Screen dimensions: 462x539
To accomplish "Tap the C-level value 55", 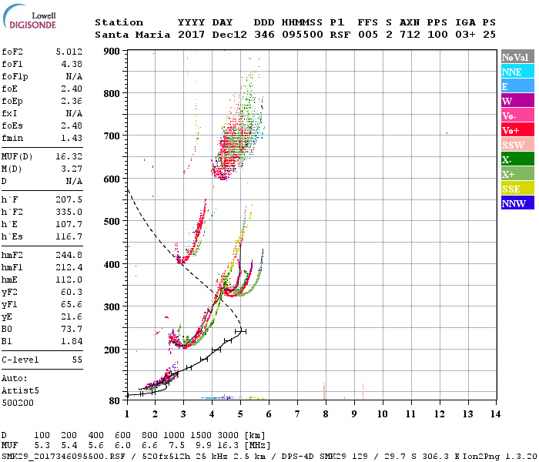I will pyautogui.click(x=77, y=360).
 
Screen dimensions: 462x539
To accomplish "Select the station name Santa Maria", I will pyautogui.click(x=129, y=35).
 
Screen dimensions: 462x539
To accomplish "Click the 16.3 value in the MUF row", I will pyautogui.click(x=233, y=445).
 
